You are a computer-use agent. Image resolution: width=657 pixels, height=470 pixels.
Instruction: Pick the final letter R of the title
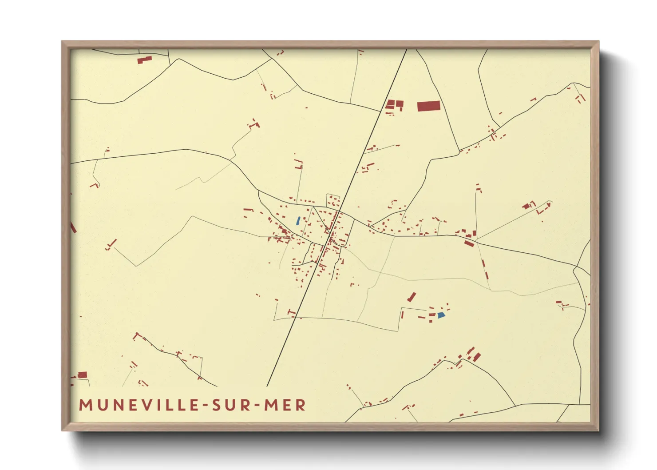click(301, 405)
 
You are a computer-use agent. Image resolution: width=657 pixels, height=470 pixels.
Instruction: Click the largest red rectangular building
click(428, 106)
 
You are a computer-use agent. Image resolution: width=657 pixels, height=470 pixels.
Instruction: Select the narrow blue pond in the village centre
click(298, 220)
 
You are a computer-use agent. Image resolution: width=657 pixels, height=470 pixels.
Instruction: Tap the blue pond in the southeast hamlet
click(440, 315)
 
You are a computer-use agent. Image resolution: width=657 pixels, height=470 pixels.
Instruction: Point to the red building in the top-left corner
click(144, 60)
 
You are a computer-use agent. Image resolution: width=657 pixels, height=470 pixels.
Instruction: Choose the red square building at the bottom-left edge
click(83, 375)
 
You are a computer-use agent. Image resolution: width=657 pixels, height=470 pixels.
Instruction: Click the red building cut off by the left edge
click(73, 228)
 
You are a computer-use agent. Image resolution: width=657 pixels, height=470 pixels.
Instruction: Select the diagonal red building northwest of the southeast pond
click(412, 297)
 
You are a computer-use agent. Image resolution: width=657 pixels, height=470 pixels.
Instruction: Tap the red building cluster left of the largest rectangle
click(394, 105)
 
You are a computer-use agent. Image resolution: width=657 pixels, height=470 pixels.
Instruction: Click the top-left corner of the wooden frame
click(62, 42)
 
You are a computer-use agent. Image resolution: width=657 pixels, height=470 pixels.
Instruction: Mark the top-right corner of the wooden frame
click(598, 42)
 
